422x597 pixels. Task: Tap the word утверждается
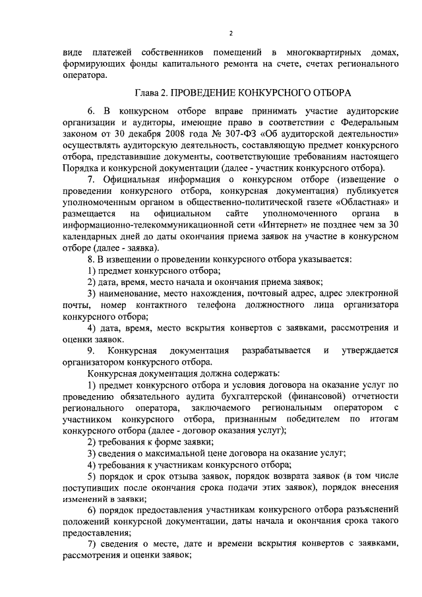pyautogui.click(x=369, y=350)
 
